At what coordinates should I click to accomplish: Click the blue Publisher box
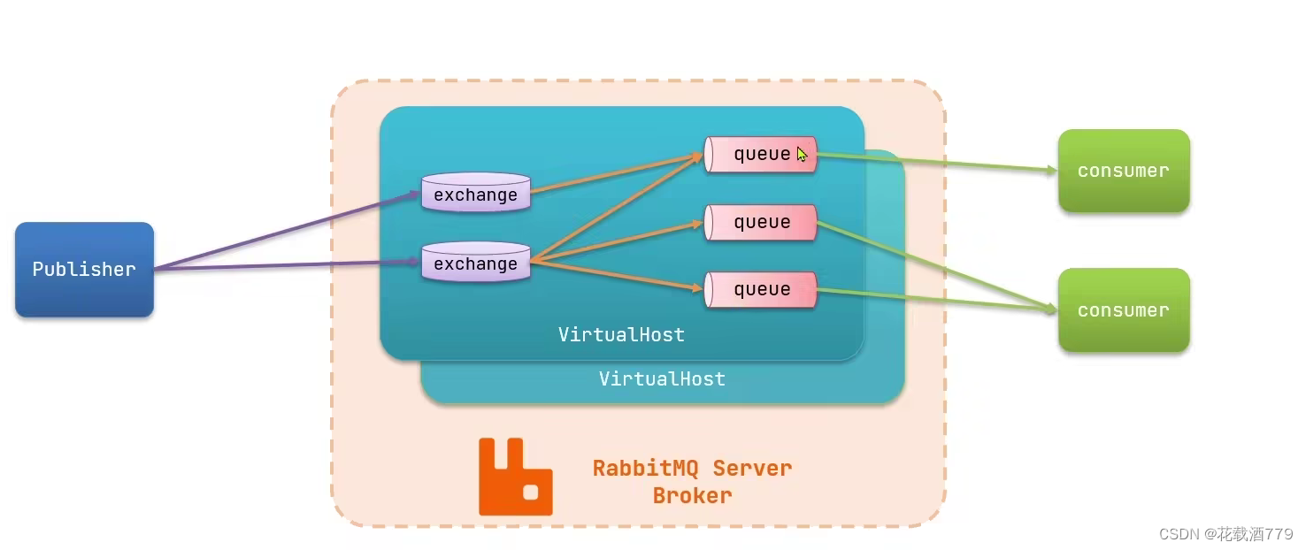point(84,270)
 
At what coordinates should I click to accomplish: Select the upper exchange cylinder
point(475,193)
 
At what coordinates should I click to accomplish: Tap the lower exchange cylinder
point(475,263)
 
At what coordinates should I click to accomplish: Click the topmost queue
point(760,154)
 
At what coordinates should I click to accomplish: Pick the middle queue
point(760,222)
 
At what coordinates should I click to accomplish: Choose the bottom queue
point(760,290)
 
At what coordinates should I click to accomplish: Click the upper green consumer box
point(1123,171)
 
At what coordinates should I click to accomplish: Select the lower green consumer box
point(1123,310)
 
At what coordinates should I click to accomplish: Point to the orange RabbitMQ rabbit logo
point(515,477)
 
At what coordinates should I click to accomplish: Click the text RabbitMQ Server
point(692,468)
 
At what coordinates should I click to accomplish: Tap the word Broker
point(692,496)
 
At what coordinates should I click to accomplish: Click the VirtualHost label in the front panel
point(621,335)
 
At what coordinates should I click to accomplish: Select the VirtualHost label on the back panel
point(662,379)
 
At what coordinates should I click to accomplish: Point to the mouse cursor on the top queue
point(802,155)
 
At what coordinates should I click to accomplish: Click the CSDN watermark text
point(1225,534)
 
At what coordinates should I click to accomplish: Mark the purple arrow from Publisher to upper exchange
point(292,230)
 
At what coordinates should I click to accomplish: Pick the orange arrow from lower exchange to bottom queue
point(619,275)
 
